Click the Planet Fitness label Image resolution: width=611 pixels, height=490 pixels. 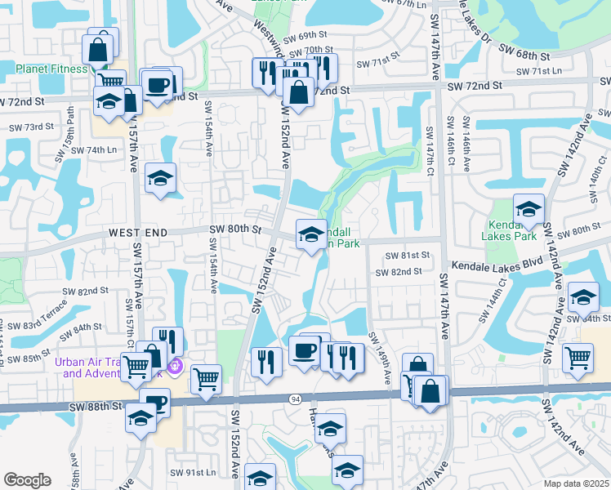click(x=44, y=69)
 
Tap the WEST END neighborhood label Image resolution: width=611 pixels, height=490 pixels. click(x=138, y=234)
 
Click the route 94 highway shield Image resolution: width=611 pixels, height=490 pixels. click(x=294, y=398)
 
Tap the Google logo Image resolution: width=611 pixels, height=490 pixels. click(x=28, y=479)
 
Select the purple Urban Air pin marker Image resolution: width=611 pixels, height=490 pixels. click(x=173, y=368)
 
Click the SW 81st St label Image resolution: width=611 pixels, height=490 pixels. click(x=402, y=255)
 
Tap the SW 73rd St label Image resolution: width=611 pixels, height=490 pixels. click(x=31, y=127)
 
